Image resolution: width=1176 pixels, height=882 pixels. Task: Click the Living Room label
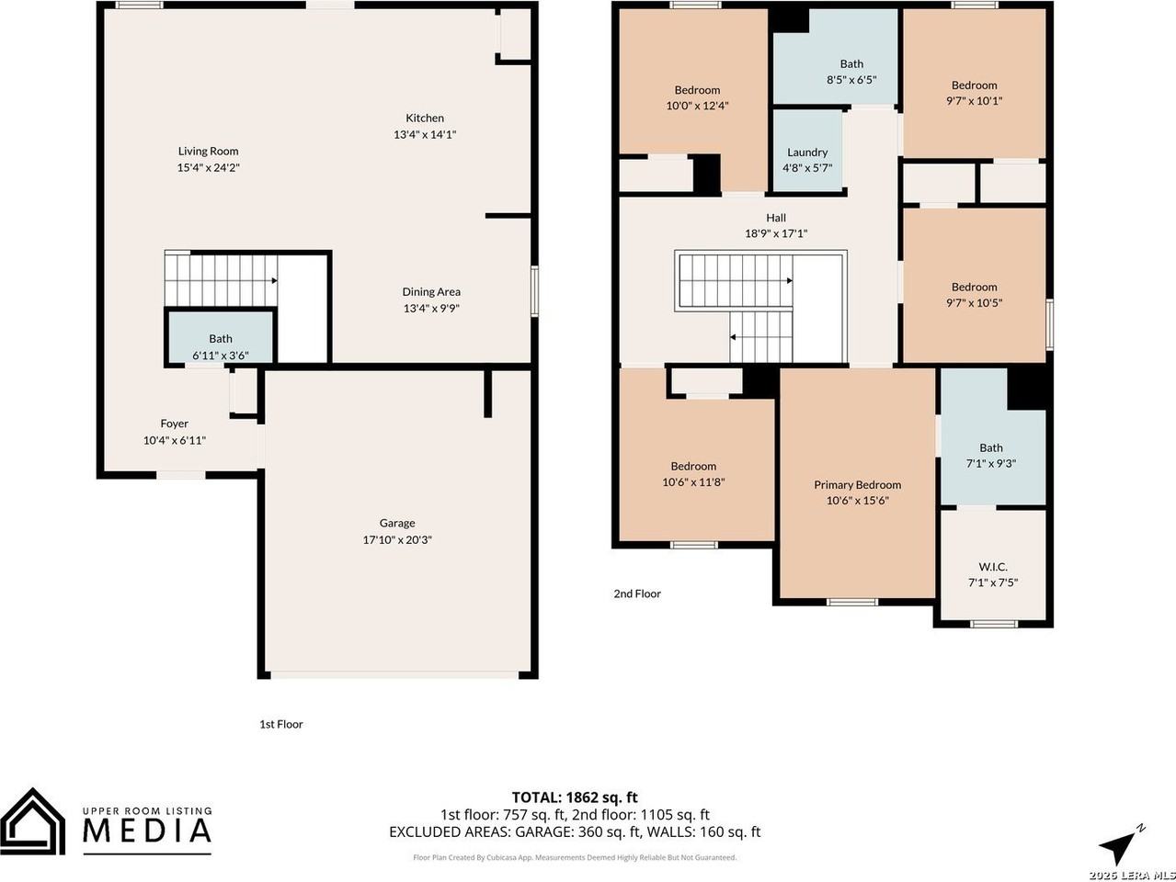[208, 152]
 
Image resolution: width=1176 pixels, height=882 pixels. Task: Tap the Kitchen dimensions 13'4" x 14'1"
[425, 134]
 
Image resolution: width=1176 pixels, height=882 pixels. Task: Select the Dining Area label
[431, 292]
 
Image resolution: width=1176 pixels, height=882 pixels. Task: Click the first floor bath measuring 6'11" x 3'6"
[220, 346]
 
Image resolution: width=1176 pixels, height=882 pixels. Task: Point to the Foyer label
[174, 424]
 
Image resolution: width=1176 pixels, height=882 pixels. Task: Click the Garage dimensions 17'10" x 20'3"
[397, 540]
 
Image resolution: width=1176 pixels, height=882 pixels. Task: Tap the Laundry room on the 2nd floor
[807, 160]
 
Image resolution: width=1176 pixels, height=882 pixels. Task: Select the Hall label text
[776, 218]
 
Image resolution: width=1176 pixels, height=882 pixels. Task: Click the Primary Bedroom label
[857, 484]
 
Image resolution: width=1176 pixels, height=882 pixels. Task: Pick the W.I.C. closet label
[992, 567]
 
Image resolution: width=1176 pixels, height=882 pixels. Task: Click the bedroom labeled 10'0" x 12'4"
[697, 97]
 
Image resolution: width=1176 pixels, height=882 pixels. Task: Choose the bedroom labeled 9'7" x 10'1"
[974, 93]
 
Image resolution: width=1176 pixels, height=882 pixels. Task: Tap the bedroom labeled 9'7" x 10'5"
[974, 294]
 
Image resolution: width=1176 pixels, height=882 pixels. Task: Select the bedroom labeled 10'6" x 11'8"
[692, 473]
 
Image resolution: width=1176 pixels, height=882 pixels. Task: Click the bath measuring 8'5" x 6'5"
[851, 72]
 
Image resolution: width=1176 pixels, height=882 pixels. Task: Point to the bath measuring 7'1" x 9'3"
[991, 456]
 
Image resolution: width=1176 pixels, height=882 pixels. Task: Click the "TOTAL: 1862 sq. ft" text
[575, 797]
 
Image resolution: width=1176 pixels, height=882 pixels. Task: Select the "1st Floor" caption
[280, 724]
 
